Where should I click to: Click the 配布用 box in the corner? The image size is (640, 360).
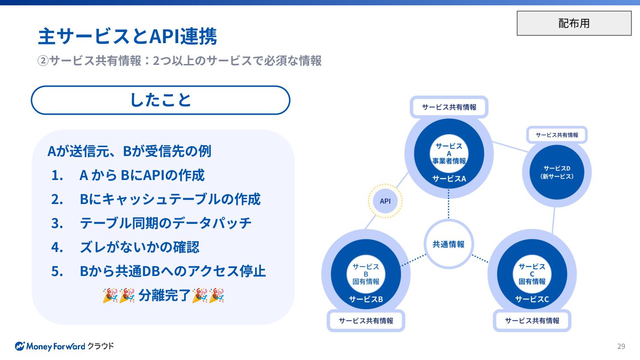pyautogui.click(x=574, y=23)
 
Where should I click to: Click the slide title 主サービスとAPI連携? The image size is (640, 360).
pyautogui.click(x=128, y=36)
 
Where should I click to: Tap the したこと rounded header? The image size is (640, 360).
pyautogui.click(x=160, y=100)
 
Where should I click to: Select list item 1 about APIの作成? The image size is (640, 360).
pyautogui.click(x=142, y=175)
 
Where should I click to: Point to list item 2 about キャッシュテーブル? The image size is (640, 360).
pyautogui.click(x=170, y=199)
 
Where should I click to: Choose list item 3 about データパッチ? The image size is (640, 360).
pyautogui.click(x=165, y=223)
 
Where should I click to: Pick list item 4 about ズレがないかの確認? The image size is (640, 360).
pyautogui.click(x=139, y=247)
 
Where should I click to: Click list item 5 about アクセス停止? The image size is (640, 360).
pyautogui.click(x=172, y=271)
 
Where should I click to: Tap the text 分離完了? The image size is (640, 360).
pyautogui.click(x=164, y=295)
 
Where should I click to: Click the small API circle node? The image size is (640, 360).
pyautogui.click(x=385, y=201)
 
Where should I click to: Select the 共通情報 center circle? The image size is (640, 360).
pyautogui.click(x=448, y=244)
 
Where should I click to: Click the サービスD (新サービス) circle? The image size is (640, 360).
pyautogui.click(x=557, y=172)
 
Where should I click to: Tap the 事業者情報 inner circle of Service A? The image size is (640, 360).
pyautogui.click(x=449, y=153)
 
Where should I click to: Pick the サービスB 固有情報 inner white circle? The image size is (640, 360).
pyautogui.click(x=366, y=274)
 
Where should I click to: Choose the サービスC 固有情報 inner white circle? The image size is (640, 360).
pyautogui.click(x=532, y=274)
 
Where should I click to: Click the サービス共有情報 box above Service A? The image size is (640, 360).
pyautogui.click(x=449, y=107)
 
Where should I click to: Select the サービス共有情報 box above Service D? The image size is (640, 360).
pyautogui.click(x=557, y=135)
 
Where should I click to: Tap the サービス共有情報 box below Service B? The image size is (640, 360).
pyautogui.click(x=366, y=320)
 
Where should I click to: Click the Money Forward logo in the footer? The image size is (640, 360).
pyautogui.click(x=64, y=346)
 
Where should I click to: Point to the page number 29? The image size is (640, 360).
pyautogui.click(x=621, y=346)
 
